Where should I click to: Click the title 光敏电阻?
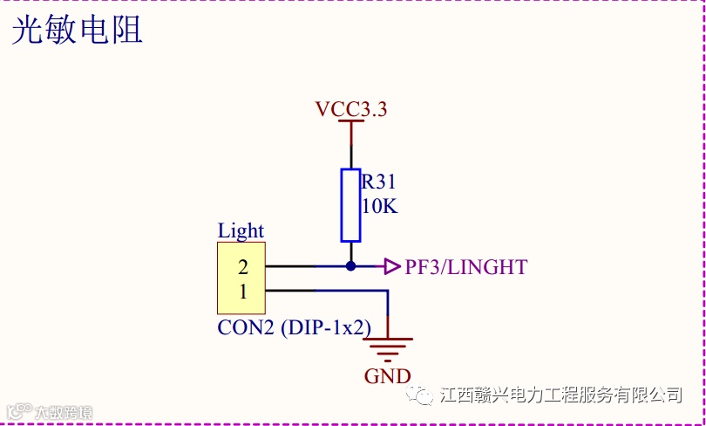coord(77,31)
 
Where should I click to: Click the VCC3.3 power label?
coord(351,109)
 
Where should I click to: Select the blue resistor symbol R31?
coord(350,204)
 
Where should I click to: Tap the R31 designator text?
coord(379,182)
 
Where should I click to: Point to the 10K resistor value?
coord(380,207)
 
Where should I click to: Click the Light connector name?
coord(241,231)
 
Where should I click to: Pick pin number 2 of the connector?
coord(243,267)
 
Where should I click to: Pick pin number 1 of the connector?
coord(243,292)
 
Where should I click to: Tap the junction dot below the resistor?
coord(350,266)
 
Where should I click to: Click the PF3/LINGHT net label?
coord(466,267)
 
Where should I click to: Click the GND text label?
coord(388,376)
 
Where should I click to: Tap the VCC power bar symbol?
coord(350,122)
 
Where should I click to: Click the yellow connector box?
coord(241,278)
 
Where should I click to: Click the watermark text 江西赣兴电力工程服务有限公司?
coord(561,395)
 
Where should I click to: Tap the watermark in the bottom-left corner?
coord(49,412)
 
